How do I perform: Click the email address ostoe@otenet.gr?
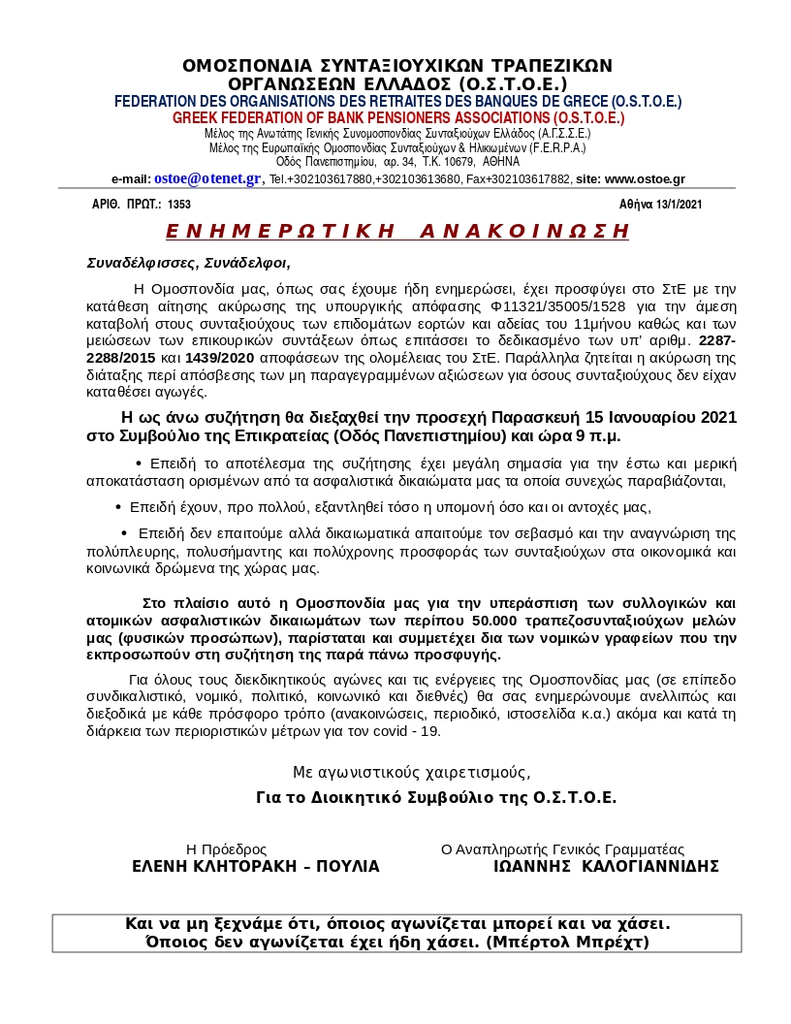(207, 178)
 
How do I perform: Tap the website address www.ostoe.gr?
(645, 179)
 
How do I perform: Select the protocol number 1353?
(179, 204)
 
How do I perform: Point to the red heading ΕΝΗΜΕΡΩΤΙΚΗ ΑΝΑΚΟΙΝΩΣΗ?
(397, 231)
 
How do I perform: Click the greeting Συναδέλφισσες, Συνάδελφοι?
(188, 262)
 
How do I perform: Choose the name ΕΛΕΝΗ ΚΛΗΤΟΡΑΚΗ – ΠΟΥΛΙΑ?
(256, 866)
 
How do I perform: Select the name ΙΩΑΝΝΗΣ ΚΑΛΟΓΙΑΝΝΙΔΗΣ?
(606, 866)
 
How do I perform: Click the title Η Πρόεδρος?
(226, 848)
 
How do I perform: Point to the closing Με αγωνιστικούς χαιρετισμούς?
(411, 772)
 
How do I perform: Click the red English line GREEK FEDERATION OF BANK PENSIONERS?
(397, 117)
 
